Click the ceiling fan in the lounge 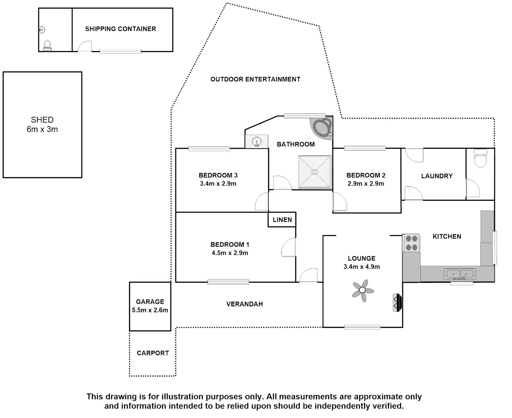[362, 290]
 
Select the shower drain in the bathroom [314, 172]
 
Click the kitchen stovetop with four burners [411, 243]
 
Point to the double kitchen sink [459, 274]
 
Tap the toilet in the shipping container [47, 46]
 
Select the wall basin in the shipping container [42, 30]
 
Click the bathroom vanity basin [256, 141]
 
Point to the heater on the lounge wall [397, 303]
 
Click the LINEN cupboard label [282, 220]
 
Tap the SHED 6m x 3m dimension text [42, 129]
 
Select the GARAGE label [150, 302]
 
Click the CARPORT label [153, 353]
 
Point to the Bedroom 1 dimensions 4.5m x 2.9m [230, 253]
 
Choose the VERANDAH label [245, 304]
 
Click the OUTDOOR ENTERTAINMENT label [255, 79]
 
